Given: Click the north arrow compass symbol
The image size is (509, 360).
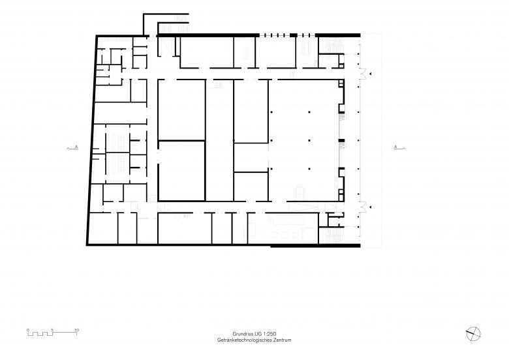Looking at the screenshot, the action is click(473, 334).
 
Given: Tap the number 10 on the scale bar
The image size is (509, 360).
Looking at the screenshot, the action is click(76, 330).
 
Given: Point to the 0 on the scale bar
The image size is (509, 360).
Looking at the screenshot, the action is click(28, 330).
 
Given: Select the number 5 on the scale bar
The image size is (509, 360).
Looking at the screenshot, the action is click(52, 330).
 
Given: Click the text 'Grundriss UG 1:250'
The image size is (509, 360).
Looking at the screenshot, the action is click(254, 334).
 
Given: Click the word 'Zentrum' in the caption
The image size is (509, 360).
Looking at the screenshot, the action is click(282, 340).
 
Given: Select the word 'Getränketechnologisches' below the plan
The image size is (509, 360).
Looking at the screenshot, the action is click(245, 340).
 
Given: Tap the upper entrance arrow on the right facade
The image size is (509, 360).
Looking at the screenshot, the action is click(371, 74).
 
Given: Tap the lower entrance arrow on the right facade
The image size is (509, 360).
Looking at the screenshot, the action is click(371, 207).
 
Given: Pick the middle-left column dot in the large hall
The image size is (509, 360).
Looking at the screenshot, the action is click(271, 140).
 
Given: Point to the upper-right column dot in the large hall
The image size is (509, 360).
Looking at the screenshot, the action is click(309, 112).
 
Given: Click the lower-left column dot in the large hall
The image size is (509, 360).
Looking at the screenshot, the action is click(271, 169).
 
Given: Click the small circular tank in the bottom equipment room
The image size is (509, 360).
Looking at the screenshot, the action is click(285, 235).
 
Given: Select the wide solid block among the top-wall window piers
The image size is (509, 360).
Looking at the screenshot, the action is click(294, 35).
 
